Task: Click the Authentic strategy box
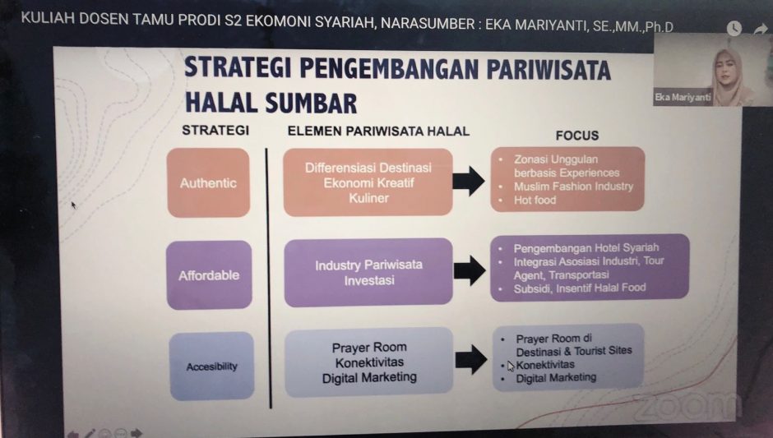[x=209, y=182]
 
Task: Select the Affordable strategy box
[x=209, y=275]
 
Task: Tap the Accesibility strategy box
[x=212, y=366]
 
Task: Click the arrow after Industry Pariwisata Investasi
[x=470, y=270]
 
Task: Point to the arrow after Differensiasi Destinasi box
[x=469, y=181]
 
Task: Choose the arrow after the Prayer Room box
[x=471, y=360]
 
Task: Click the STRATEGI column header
[x=215, y=130]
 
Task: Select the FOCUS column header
[x=577, y=136]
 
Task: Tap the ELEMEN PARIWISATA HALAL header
[x=378, y=131]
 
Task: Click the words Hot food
[x=535, y=200]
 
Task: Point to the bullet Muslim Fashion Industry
[x=573, y=187]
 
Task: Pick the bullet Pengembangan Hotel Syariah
[x=586, y=248]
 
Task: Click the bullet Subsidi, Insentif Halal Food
[x=580, y=288]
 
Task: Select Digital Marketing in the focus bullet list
[x=556, y=378]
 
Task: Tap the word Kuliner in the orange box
[x=368, y=198]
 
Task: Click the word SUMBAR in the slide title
[x=311, y=103]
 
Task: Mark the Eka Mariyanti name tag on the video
[x=683, y=98]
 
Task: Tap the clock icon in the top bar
[x=734, y=28]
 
